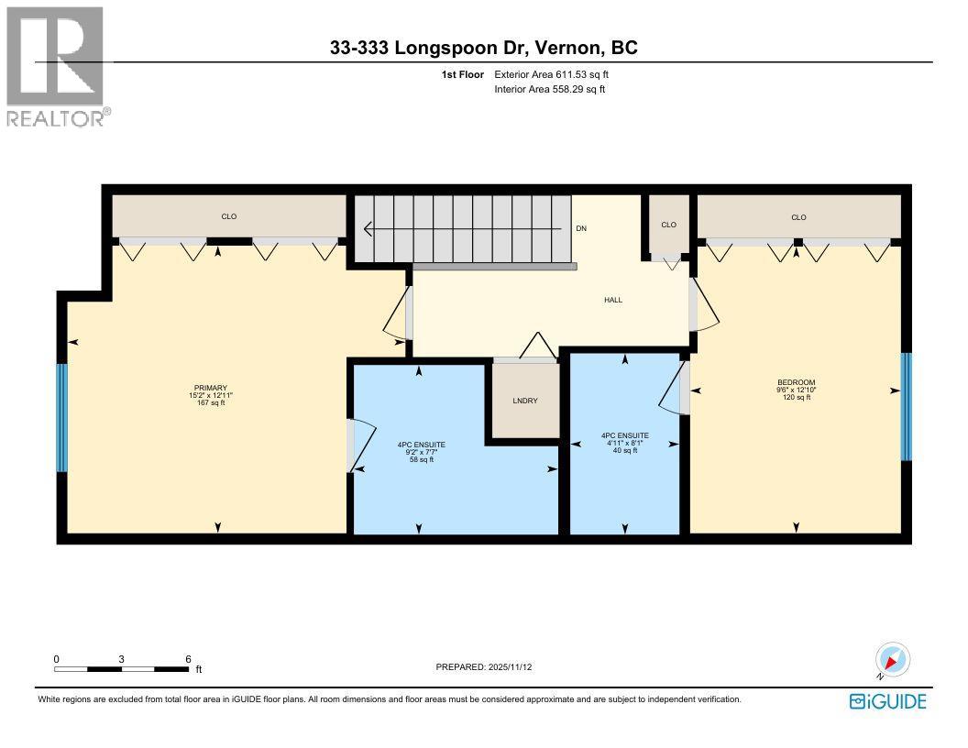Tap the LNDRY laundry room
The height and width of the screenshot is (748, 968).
(525, 401)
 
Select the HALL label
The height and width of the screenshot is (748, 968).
(613, 300)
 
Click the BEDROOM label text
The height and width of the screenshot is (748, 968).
(796, 382)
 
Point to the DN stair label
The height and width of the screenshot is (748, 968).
(580, 228)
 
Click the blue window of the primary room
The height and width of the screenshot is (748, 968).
(62, 418)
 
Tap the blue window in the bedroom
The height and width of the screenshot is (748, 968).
(906, 407)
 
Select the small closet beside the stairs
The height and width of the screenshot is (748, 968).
(668, 225)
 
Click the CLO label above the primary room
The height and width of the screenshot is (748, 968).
(228, 217)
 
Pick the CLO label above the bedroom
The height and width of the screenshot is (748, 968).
(798, 217)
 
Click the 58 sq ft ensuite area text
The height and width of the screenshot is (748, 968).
(421, 460)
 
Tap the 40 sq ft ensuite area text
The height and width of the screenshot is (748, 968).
(624, 450)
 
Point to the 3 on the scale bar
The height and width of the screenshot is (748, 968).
(121, 658)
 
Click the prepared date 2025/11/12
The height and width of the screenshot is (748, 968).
(483, 667)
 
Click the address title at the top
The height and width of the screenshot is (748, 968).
(483, 48)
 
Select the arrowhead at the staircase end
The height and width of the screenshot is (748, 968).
(368, 228)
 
